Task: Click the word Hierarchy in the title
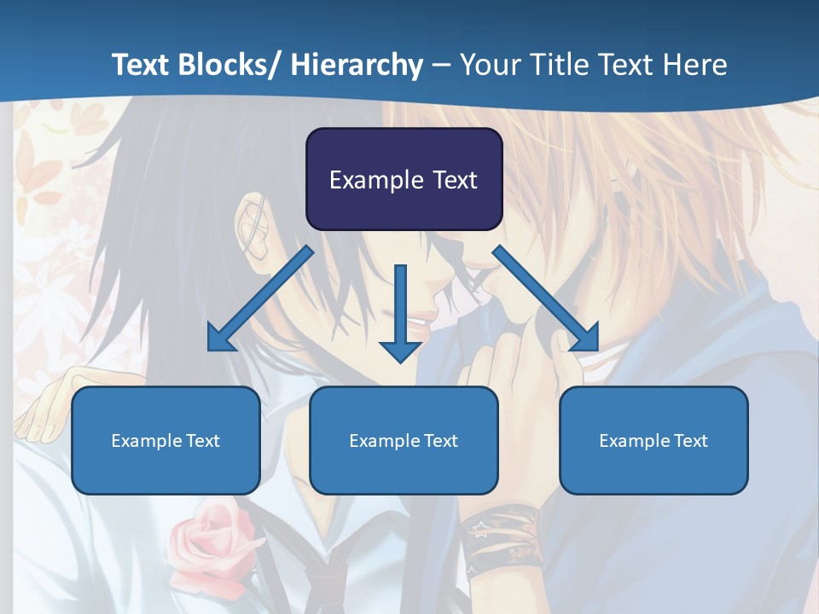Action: pos(357,65)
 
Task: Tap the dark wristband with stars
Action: pos(503,537)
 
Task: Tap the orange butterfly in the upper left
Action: pos(38,171)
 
